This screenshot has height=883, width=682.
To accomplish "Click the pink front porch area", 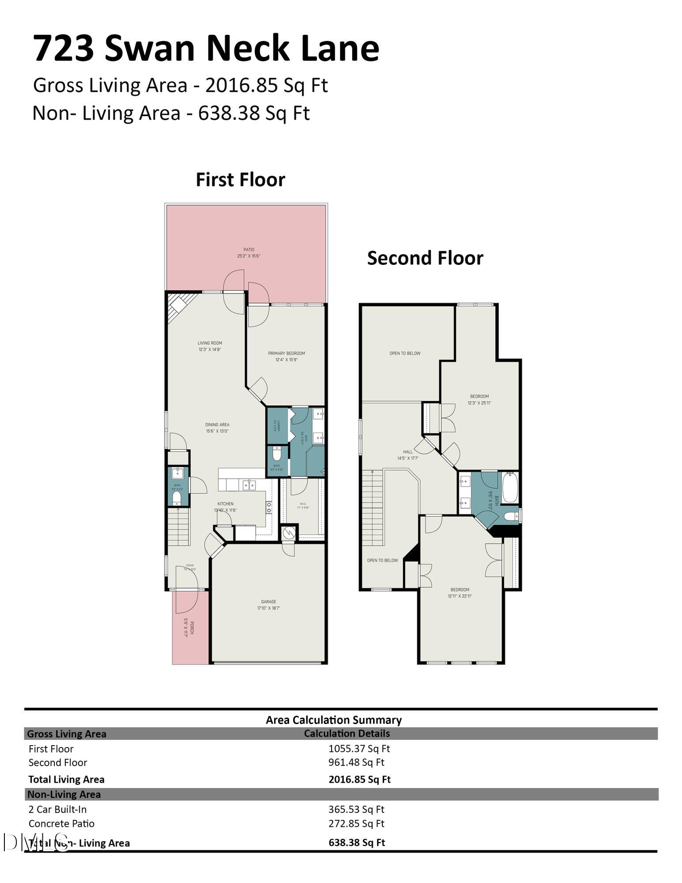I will (x=190, y=636).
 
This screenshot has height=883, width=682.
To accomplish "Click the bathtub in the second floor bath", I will (x=510, y=487).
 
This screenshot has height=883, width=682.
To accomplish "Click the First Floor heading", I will (x=240, y=180).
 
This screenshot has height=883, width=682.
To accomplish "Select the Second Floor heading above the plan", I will (x=425, y=258).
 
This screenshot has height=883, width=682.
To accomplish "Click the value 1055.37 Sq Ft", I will (x=359, y=748).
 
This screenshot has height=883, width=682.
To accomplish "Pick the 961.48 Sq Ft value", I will (x=356, y=762).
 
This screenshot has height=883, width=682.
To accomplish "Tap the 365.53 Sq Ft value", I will (x=356, y=809).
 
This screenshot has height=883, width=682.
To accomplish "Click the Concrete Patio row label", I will (x=61, y=823).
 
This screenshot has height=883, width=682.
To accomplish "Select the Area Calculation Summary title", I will (x=333, y=720).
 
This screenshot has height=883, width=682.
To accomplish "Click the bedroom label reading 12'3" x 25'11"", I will (x=479, y=400).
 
